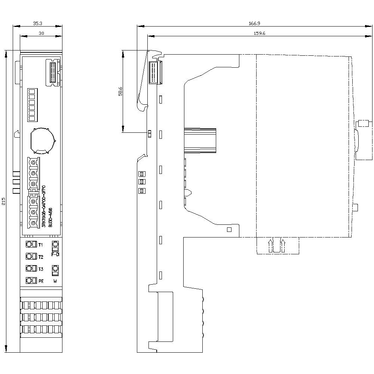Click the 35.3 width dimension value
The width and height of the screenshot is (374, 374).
click(x=37, y=23)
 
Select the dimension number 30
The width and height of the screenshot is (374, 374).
click(x=41, y=33)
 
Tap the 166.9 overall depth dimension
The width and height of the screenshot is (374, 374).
click(x=254, y=23)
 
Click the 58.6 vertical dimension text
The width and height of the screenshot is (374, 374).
click(x=120, y=92)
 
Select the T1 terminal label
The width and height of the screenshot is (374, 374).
click(x=41, y=245)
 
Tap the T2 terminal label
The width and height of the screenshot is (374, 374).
click(x=41, y=257)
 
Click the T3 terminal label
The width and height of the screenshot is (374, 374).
click(x=41, y=269)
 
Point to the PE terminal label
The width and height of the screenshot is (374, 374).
click(x=41, y=281)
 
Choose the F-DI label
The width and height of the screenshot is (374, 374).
click(x=55, y=254)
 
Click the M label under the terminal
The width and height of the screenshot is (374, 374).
click(x=55, y=281)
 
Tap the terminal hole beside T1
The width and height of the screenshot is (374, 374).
click(x=29, y=245)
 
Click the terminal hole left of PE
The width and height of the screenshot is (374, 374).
click(x=29, y=280)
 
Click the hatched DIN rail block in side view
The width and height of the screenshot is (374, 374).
click(x=200, y=140)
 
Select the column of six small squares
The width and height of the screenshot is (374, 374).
click(x=31, y=105)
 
